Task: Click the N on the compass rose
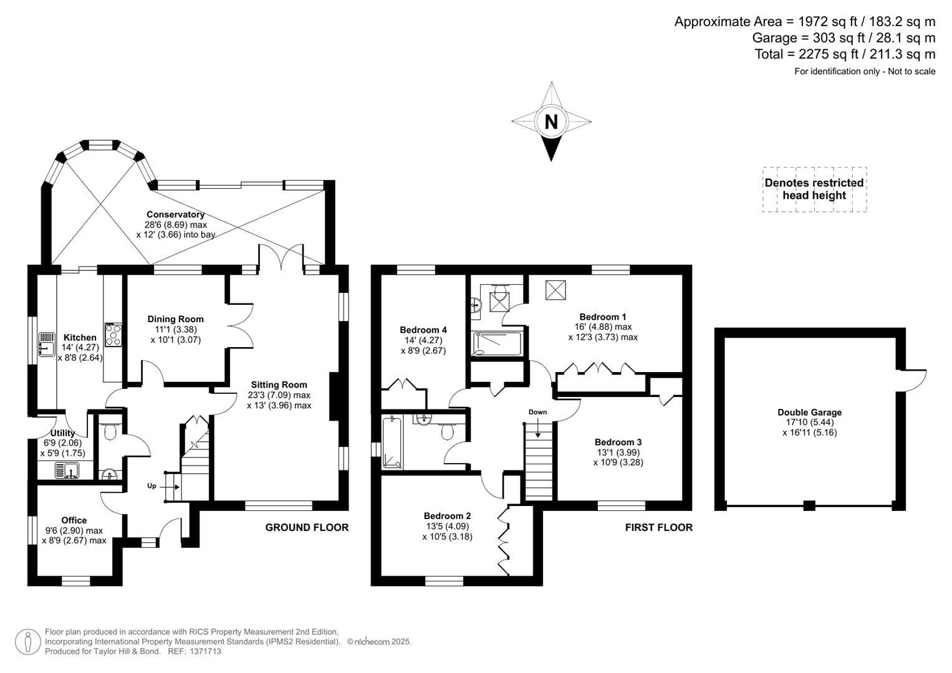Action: point(551,121)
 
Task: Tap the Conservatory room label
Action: point(175,214)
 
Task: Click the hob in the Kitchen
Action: point(113,335)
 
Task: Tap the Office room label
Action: point(74,520)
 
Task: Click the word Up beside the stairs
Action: point(151,486)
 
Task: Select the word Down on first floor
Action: point(537,412)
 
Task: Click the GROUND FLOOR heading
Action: point(307,527)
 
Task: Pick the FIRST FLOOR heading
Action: point(658,527)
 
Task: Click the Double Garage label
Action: point(809,412)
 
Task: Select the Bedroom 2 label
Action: point(447,516)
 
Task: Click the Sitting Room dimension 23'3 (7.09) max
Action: point(279,395)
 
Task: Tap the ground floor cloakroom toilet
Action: point(110,431)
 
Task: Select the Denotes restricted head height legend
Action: point(814,189)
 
